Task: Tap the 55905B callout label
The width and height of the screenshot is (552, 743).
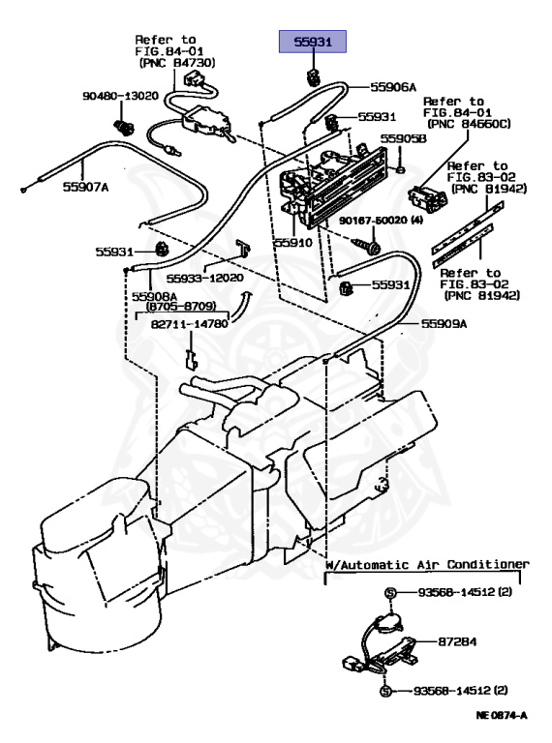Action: coord(402,139)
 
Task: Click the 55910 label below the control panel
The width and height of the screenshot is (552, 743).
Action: coord(292,243)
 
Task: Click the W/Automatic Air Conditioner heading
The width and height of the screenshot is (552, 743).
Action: coord(427,563)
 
